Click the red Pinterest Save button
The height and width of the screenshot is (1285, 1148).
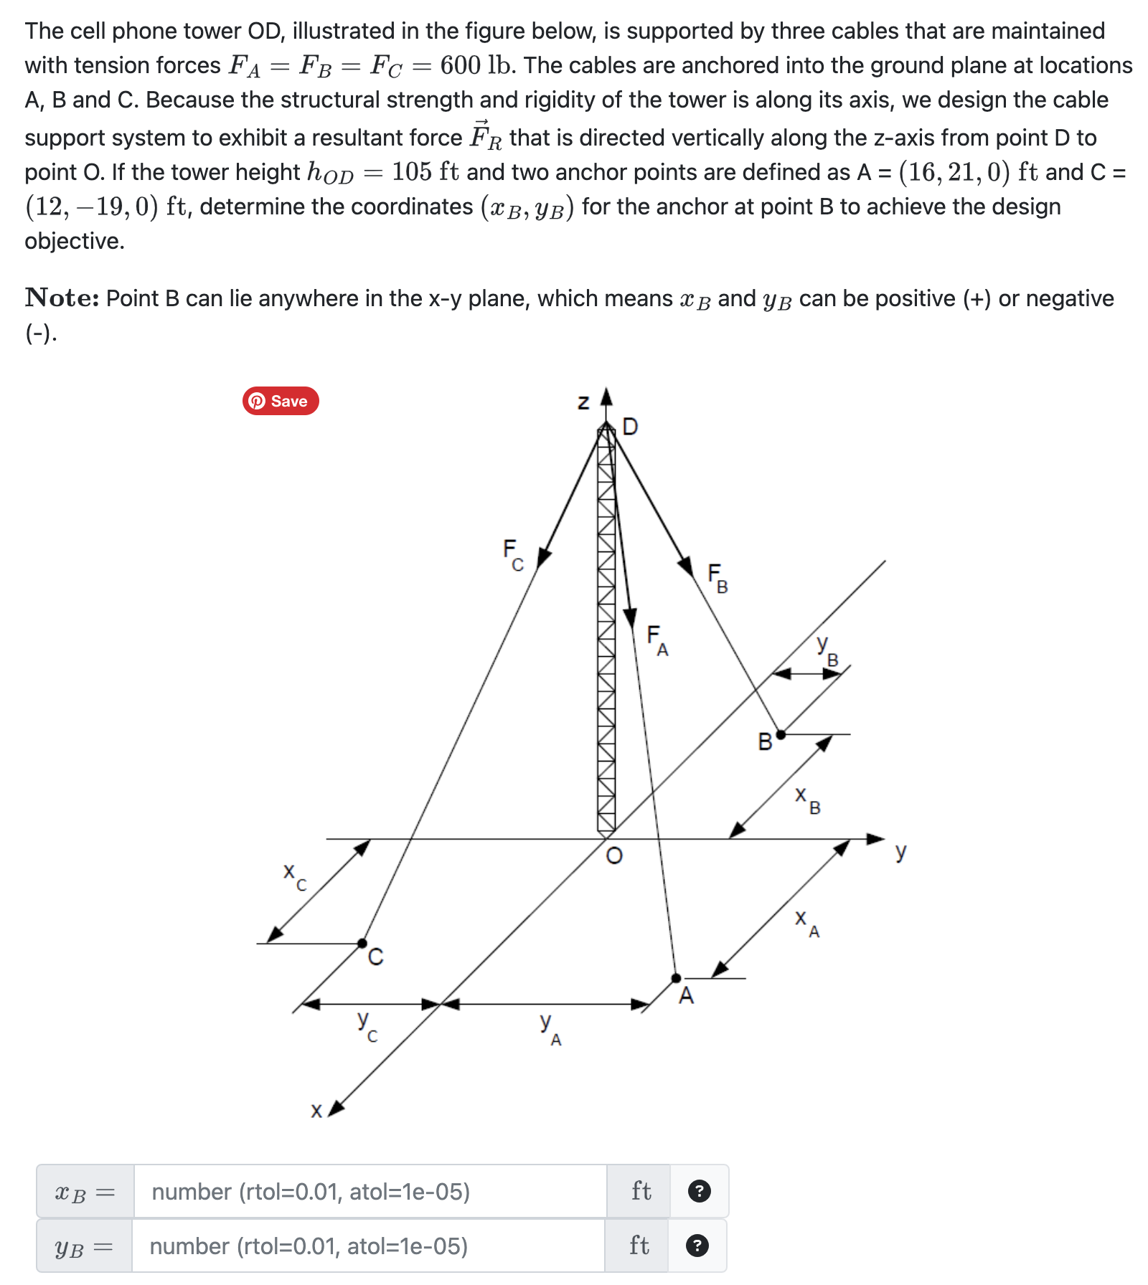pyautogui.click(x=281, y=401)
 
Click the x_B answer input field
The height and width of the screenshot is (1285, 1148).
pyautogui.click(x=370, y=1192)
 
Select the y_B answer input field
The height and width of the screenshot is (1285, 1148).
pyautogui.click(x=368, y=1246)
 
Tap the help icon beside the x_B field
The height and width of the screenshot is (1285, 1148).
pyautogui.click(x=699, y=1192)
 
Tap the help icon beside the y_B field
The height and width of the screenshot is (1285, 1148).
pyautogui.click(x=697, y=1246)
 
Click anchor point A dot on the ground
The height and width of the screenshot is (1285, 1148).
pyautogui.click(x=676, y=978)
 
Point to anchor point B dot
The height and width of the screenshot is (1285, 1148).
pyautogui.click(x=781, y=734)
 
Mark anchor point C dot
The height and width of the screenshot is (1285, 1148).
pyautogui.click(x=362, y=943)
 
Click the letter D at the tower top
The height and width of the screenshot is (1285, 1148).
pyautogui.click(x=630, y=427)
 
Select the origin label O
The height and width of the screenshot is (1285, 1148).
pyautogui.click(x=614, y=855)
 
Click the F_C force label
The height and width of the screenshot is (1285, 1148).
pyautogui.click(x=512, y=554)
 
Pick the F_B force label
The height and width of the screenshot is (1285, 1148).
pyautogui.click(x=717, y=577)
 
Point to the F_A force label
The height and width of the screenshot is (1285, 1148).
pyautogui.click(x=657, y=640)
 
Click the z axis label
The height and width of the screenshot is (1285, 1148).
pyautogui.click(x=583, y=403)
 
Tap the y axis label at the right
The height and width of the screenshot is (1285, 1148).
pyautogui.click(x=900, y=852)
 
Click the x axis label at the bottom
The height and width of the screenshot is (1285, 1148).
pyautogui.click(x=316, y=1111)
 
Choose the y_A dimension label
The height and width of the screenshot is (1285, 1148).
pyautogui.click(x=550, y=1027)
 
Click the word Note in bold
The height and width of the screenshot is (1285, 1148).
pyautogui.click(x=62, y=298)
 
